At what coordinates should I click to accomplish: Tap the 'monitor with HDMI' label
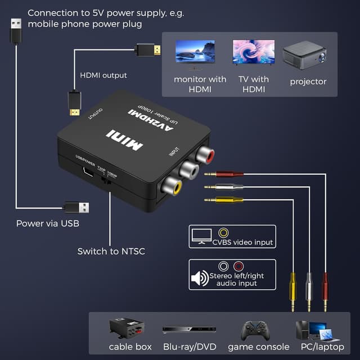(200, 84)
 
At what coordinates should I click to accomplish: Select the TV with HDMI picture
(254, 52)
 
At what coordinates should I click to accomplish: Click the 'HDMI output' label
(103, 75)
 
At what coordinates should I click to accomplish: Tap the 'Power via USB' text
(48, 224)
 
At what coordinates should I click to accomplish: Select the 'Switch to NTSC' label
(111, 251)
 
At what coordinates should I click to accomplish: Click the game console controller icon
(255, 330)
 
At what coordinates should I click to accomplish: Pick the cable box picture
(127, 328)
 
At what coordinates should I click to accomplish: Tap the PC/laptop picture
(319, 330)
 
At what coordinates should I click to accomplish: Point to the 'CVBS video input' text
(244, 242)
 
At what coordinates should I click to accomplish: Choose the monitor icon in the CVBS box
(200, 235)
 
